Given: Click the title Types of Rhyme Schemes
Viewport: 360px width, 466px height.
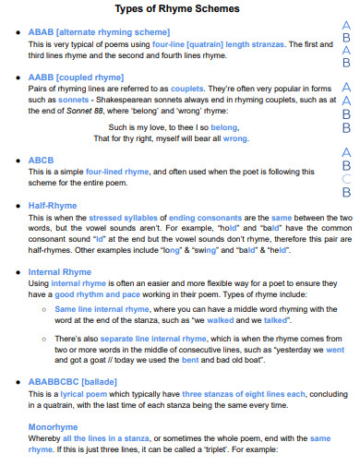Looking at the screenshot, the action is [x=177, y=8].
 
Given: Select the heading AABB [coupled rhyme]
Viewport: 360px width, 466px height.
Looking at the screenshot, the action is [x=76, y=78].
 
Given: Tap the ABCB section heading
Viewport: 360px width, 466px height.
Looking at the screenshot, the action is [x=42, y=160].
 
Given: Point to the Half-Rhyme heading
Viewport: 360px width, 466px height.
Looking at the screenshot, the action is [x=54, y=206].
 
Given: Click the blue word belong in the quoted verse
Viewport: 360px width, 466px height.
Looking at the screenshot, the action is [x=226, y=125].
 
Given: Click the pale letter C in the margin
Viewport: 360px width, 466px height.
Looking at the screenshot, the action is [x=347, y=179].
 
